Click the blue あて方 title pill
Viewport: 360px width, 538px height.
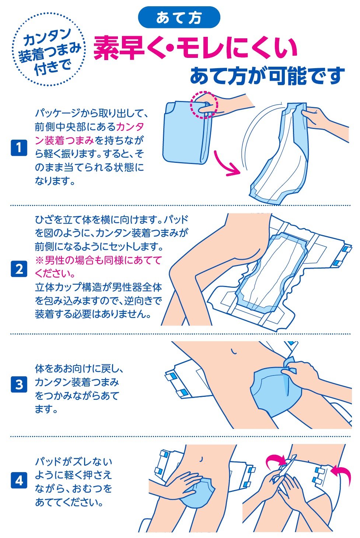coord(179,17)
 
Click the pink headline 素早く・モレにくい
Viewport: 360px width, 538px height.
coord(195,48)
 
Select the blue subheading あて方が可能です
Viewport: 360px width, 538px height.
coord(267,76)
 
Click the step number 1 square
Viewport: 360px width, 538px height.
coord(19,148)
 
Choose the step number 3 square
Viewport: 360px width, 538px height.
coord(19,384)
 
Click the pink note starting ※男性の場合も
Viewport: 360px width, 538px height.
coord(98,266)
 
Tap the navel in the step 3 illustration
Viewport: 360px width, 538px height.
coord(233,351)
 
